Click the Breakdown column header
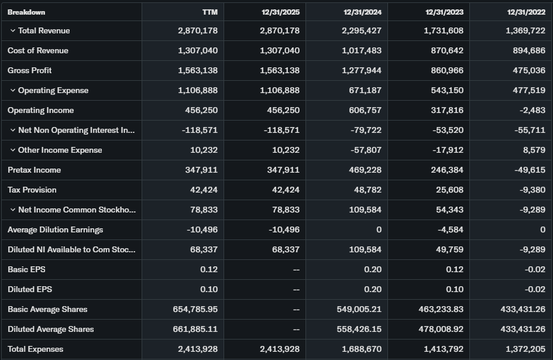26,12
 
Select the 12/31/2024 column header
362,12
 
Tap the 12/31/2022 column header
526,12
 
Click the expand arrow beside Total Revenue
12,30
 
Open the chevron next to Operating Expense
12,90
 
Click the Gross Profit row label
30,70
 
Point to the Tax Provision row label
32,190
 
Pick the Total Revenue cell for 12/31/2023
444,30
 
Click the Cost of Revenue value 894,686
525,50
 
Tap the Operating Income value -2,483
530,110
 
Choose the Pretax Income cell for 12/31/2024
365,170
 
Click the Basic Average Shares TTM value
195,309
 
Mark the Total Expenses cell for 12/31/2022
525,349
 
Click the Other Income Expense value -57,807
366,150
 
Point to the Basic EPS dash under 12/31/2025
296,269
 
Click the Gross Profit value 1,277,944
362,70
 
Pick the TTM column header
210,12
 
